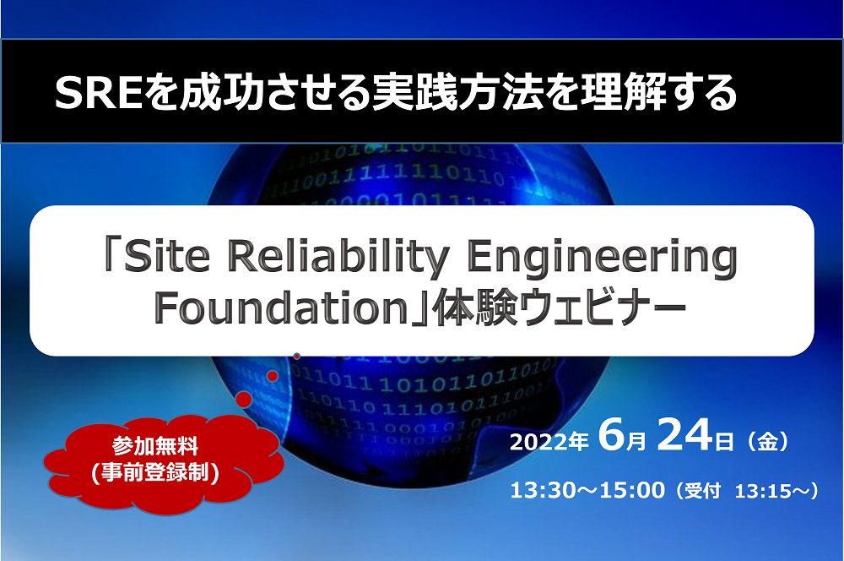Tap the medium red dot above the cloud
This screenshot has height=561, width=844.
273,375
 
